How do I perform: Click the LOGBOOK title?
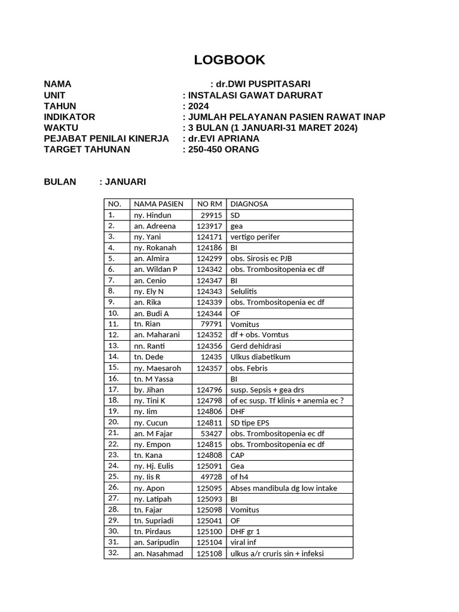229,60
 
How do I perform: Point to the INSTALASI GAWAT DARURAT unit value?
255,95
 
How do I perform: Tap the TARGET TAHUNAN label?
87,149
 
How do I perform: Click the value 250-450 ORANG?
224,149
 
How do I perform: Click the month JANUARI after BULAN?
126,182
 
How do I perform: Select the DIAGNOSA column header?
249,204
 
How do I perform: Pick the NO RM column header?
209,204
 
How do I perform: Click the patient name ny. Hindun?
152,215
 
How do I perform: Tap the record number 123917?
209,226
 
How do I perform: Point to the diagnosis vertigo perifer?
255,237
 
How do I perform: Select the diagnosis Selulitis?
244,291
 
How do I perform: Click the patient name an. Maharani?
157,335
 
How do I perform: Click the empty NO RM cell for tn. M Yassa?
209,379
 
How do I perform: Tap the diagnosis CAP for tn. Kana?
238,455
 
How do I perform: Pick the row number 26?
114,488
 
